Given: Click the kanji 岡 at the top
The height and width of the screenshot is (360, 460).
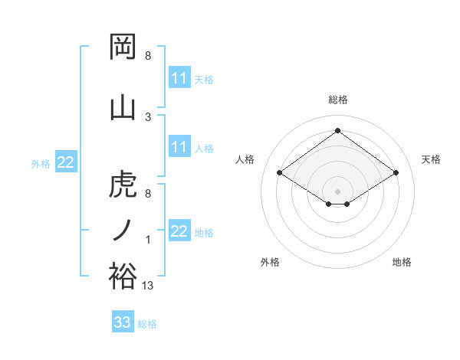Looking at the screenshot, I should [123, 48].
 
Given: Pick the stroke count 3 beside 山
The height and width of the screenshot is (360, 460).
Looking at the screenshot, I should [148, 116].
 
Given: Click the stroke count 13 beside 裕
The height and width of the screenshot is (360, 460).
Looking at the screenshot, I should [148, 285].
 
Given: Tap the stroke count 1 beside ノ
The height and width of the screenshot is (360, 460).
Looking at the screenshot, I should [148, 240].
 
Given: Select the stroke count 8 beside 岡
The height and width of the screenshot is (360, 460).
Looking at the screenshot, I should [148, 56].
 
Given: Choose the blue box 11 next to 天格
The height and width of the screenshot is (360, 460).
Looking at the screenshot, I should [179, 78].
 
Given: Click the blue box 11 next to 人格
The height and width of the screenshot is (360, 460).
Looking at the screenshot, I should [179, 147].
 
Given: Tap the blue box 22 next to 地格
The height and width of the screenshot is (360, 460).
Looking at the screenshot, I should [179, 231].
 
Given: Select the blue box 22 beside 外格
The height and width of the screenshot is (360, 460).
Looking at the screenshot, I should [66, 162].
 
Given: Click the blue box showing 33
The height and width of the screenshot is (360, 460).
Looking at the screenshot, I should [122, 322].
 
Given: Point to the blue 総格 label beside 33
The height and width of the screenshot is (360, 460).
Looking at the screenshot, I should [147, 324].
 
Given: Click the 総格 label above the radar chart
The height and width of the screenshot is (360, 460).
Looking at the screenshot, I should [337, 100].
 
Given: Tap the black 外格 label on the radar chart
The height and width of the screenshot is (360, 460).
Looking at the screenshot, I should [270, 262].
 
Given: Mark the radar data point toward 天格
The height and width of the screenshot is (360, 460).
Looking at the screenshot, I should [396, 173].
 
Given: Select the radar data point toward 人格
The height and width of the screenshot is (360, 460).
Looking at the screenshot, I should [280, 173].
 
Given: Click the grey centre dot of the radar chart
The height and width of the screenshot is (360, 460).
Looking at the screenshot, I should [337, 190].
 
